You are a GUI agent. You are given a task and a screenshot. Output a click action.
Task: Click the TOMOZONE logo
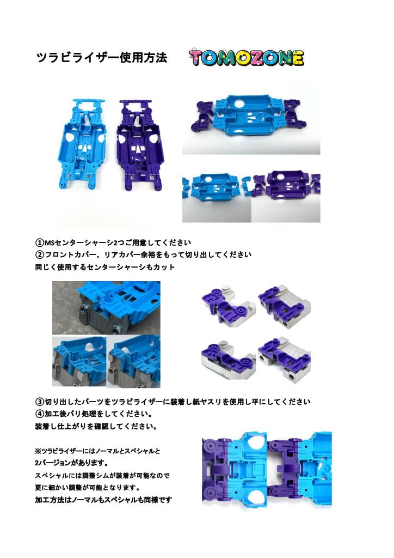click(x=246, y=58)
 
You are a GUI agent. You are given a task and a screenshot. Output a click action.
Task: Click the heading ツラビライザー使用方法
click(x=101, y=58)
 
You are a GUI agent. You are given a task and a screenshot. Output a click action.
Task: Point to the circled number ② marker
click(x=39, y=255)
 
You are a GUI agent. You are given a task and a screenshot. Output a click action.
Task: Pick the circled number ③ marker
click(x=39, y=402)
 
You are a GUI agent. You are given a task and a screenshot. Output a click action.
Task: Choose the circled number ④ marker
click(x=39, y=414)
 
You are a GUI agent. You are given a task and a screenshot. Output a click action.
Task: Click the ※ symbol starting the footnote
click(x=38, y=452)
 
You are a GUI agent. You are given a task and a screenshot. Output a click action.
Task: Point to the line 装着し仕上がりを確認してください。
click(x=96, y=427)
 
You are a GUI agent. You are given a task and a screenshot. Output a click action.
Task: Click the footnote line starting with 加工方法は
click(x=103, y=500)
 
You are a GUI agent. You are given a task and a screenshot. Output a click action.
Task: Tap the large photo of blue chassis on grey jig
click(x=106, y=307)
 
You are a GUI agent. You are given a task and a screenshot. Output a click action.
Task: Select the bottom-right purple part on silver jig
click(x=284, y=357)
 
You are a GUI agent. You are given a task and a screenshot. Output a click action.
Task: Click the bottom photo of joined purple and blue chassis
click(x=266, y=470)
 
